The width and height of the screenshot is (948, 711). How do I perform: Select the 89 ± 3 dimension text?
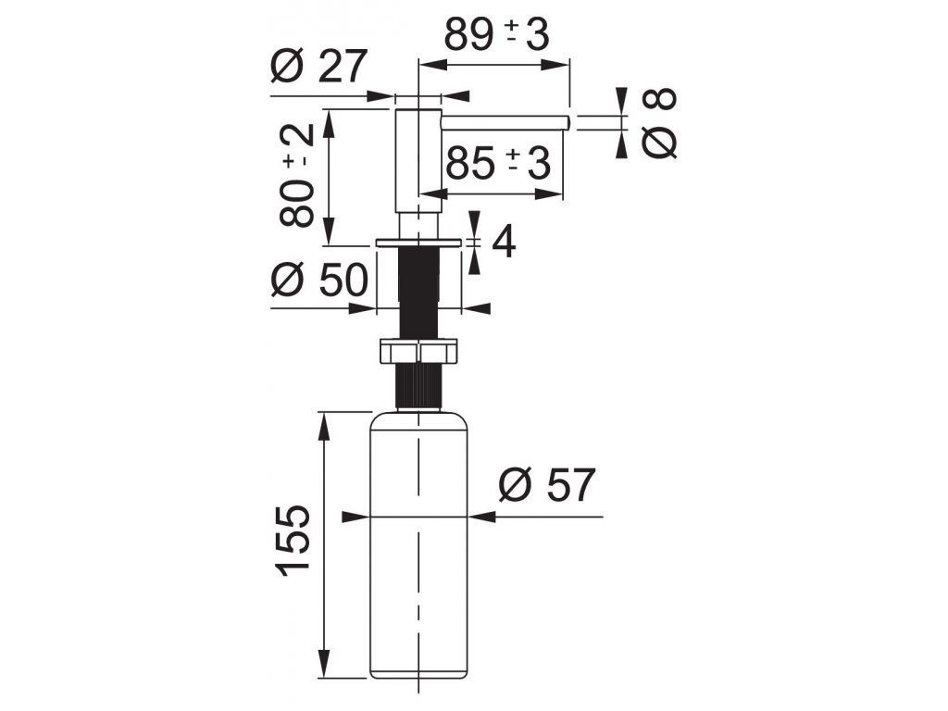[496, 35]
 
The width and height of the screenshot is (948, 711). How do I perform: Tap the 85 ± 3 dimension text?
[498, 163]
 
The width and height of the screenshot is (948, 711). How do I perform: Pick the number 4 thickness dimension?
[504, 243]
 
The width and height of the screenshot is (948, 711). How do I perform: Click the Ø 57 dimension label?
[546, 484]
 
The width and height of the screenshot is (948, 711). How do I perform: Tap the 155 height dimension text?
[294, 540]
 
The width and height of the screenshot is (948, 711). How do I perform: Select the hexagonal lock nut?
[418, 352]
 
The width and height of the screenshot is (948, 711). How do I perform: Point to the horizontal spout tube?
[505, 120]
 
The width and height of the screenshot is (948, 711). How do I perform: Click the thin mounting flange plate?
[418, 242]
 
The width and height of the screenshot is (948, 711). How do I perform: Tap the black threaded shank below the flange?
[418, 292]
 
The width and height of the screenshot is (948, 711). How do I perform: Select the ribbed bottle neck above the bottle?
[418, 387]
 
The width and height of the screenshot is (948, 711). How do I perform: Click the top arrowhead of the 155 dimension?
[324, 422]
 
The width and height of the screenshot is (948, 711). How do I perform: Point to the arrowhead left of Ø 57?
[488, 517]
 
